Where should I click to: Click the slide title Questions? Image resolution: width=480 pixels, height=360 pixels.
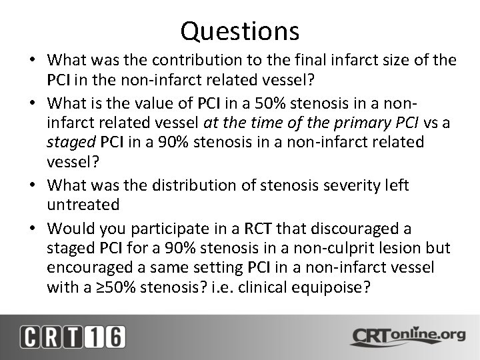click(240, 30)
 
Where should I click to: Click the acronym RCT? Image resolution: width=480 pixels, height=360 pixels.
click(256, 229)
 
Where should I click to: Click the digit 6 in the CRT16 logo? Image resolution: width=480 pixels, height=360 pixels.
click(114, 337)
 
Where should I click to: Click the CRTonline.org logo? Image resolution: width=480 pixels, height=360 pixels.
click(407, 336)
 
